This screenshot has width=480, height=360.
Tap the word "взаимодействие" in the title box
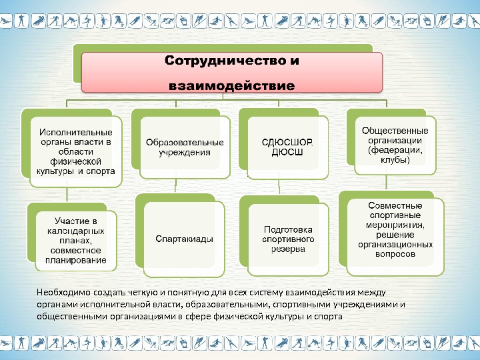click(231, 85)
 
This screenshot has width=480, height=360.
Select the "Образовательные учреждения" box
click(185, 147)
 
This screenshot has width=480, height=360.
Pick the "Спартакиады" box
click(185, 238)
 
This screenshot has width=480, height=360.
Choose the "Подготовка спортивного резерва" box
click(288, 239)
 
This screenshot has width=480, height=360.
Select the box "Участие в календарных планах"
click(76, 239)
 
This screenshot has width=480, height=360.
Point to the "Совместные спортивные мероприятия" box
click(395, 230)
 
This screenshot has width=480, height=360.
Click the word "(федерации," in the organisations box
click(395, 150)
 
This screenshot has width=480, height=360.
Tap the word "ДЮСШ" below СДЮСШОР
click(287, 152)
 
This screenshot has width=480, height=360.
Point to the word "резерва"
click(288, 249)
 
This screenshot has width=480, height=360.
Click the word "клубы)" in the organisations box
click(395, 160)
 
